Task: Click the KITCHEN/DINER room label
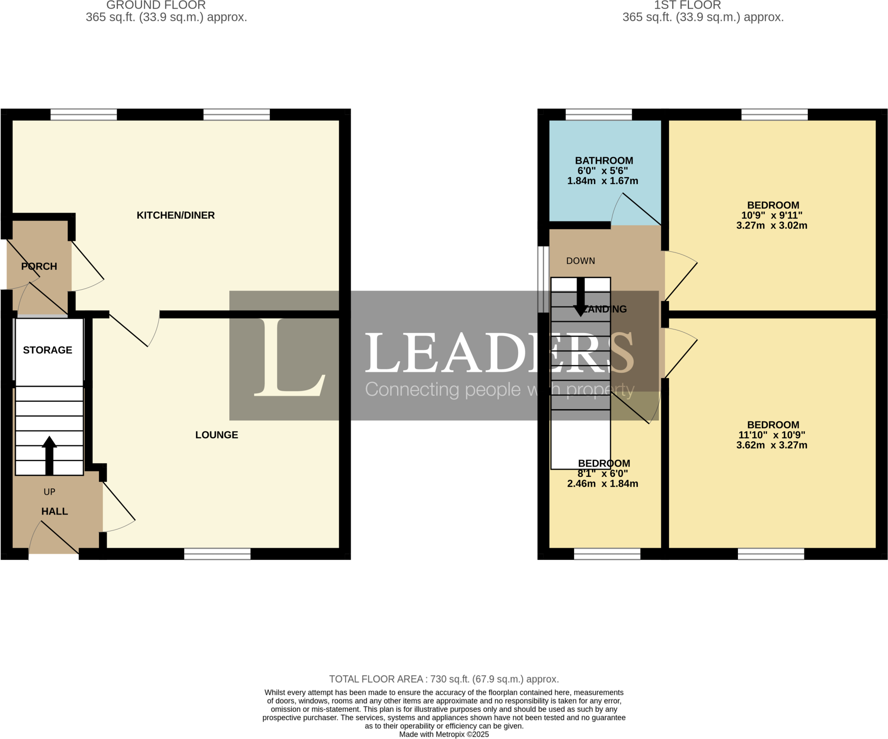coord(176,215)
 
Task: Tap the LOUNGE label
coord(216,435)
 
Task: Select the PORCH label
coord(39,266)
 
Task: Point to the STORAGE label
coord(48,350)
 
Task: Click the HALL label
coord(55,511)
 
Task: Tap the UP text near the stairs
coord(49,492)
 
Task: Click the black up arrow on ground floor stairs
coord(49,455)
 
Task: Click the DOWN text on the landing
coord(581,261)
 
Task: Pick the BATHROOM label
coord(604,161)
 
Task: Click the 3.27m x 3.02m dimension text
coord(772,225)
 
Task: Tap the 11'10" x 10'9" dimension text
coord(772,435)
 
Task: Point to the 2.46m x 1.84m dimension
coord(603,484)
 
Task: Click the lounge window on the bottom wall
coord(217,554)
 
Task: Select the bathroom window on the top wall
coord(599,114)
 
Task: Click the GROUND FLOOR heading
coord(156,5)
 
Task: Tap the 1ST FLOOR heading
coord(687,5)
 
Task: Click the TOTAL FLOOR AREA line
coord(444,679)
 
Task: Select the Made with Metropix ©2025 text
coord(444,734)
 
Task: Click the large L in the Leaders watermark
coord(288,358)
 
